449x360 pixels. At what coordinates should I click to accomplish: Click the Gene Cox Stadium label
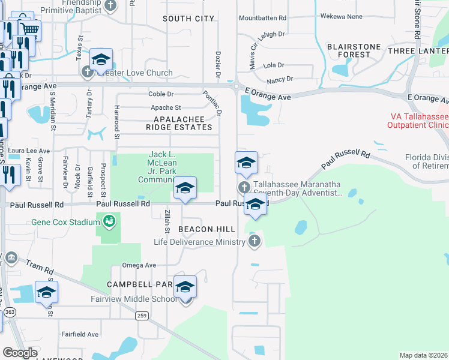click(x=66, y=223)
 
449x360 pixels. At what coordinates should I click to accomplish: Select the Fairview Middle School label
click(x=141, y=299)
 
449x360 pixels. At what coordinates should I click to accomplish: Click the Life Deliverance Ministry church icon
click(x=254, y=241)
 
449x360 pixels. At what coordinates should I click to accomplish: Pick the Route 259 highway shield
click(x=142, y=316)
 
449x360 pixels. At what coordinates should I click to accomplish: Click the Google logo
click(x=20, y=353)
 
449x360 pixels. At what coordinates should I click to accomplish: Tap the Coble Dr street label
click(x=161, y=94)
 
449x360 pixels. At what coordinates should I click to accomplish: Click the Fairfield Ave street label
click(x=79, y=334)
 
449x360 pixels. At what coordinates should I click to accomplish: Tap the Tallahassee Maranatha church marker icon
click(x=244, y=187)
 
